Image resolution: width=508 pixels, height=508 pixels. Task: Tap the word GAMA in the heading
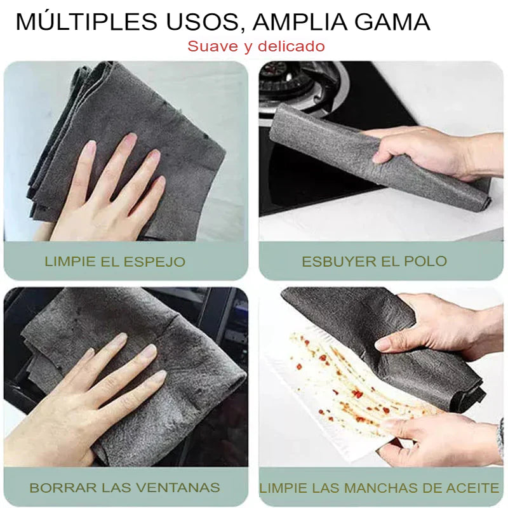pyautogui.click(x=392, y=22)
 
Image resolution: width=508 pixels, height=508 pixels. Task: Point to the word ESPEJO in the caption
pyautogui.click(x=154, y=262)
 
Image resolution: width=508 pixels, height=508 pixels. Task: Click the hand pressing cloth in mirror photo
pyautogui.click(x=107, y=191)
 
